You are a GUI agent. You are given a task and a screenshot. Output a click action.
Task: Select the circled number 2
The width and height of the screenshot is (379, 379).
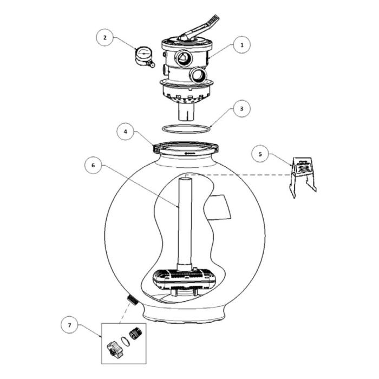point(106,38)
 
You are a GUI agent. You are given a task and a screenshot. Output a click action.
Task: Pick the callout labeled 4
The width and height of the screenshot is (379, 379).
point(126,132)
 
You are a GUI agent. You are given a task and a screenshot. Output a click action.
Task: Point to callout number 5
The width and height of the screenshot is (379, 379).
point(260,154)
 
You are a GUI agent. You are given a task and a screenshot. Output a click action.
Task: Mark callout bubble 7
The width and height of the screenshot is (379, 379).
point(69,326)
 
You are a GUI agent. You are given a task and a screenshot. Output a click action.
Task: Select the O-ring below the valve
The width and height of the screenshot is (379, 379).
point(186,128)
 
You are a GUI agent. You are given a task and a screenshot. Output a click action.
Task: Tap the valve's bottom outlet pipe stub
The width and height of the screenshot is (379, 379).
point(186,113)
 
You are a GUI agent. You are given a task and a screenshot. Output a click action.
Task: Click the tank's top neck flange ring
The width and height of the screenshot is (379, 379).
point(186,148)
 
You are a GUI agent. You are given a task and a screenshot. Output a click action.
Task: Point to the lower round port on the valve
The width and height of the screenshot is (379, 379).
point(199,74)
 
